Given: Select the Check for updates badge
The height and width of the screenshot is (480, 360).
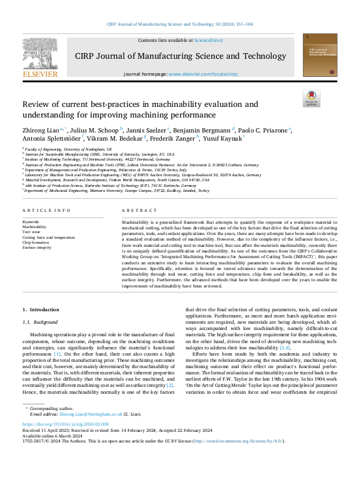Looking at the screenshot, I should (x=311, y=99).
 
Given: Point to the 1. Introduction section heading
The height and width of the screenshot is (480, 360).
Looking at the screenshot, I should (x=41, y=309).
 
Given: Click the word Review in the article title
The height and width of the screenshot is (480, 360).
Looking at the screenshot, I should (x=36, y=104).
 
